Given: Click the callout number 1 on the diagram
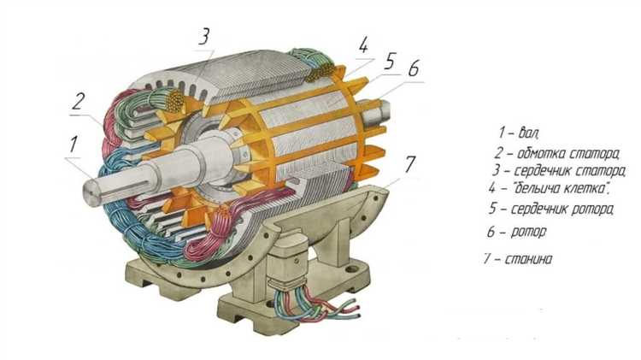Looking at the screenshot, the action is point(74,145).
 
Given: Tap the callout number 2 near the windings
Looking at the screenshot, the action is point(79,101).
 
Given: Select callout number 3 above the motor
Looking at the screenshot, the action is point(204,36).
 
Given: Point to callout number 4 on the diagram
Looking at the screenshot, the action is point(363,45).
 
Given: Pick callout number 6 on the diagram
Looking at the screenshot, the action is point(414,68).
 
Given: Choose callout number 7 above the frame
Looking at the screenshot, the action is point(410,163).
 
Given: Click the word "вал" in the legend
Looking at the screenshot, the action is point(529,133).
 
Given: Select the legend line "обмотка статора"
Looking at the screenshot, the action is point(568,154).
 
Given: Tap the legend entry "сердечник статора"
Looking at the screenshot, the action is point(569,170).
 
